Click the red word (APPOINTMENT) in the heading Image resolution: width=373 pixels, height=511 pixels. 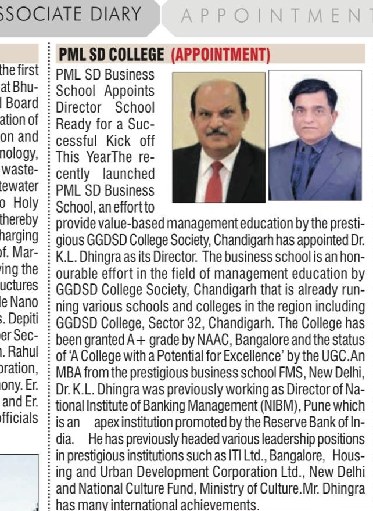coord(221,55)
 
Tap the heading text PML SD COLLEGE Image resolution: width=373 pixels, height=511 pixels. coord(112,55)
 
